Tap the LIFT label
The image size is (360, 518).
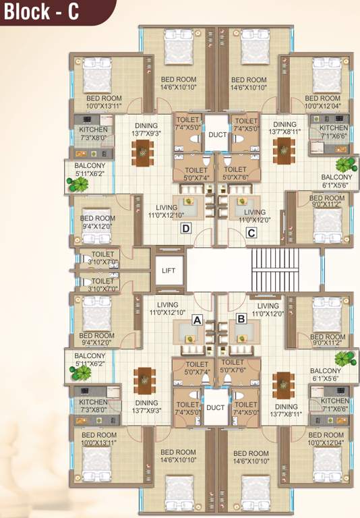tap(169, 270)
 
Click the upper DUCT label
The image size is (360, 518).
tap(216, 135)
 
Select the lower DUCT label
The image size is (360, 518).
tap(216, 407)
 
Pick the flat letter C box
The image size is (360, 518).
tap(251, 234)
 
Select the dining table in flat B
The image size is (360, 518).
tap(280, 384)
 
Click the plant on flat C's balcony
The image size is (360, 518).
tap(345, 165)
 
